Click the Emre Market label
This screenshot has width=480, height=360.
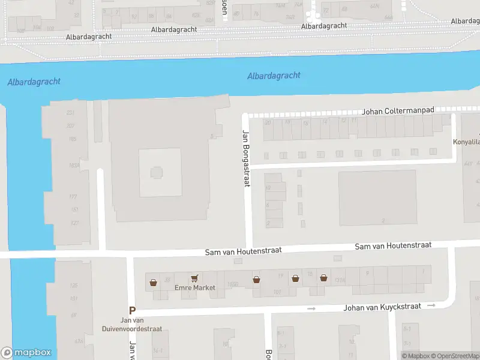point(194,288)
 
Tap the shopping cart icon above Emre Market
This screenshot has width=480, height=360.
point(194,278)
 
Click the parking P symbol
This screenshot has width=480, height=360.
point(133,310)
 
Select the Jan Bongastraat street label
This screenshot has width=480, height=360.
point(245,158)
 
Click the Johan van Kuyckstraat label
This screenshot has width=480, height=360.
point(382,308)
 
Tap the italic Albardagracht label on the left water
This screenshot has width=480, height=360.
point(34,82)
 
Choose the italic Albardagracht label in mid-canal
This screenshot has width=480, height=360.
point(274,76)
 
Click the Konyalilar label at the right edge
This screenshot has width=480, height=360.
point(466,143)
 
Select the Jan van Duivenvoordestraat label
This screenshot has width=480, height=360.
point(142,325)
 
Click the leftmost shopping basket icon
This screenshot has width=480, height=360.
point(154,281)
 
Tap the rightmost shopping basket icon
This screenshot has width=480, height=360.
point(323,278)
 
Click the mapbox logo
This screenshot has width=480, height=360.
point(26,353)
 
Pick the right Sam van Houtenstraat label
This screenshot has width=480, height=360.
point(393,246)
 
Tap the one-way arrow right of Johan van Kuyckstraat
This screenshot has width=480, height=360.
point(431,305)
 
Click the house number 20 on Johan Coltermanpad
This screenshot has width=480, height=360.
point(268,123)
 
